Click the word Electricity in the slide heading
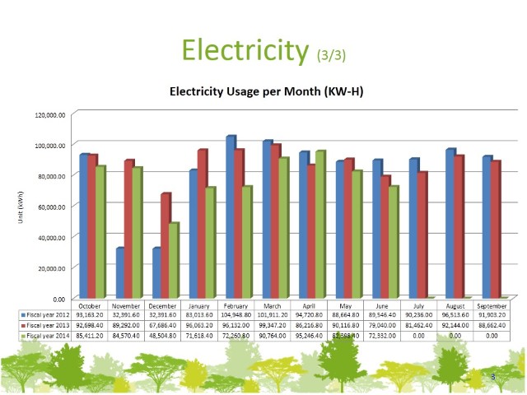tap(245, 49)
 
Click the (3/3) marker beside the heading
tap(332, 55)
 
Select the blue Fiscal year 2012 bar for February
tap(231, 217)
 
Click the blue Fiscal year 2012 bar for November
tap(119, 272)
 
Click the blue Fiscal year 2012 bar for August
tap(450, 223)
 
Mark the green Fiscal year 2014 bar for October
tap(100, 232)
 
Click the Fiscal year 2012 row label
tap(49, 314)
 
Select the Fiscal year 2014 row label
tap(49, 336)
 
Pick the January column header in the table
tap(201, 304)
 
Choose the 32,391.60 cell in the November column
tap(127, 314)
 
